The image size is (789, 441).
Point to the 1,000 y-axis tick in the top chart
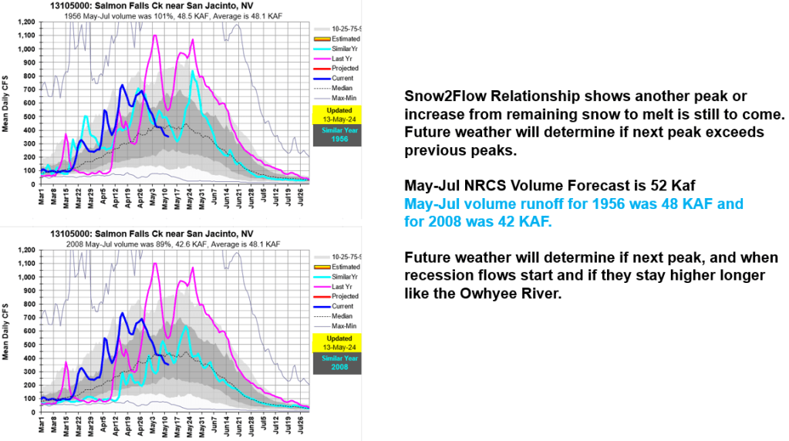point(25,49)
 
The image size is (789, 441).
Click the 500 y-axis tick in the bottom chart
point(29,345)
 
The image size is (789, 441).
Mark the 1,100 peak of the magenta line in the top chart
point(156,35)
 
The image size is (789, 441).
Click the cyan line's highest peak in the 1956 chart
point(193,71)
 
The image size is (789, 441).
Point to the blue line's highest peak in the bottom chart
point(122,313)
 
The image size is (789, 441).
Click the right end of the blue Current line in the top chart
point(169,136)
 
